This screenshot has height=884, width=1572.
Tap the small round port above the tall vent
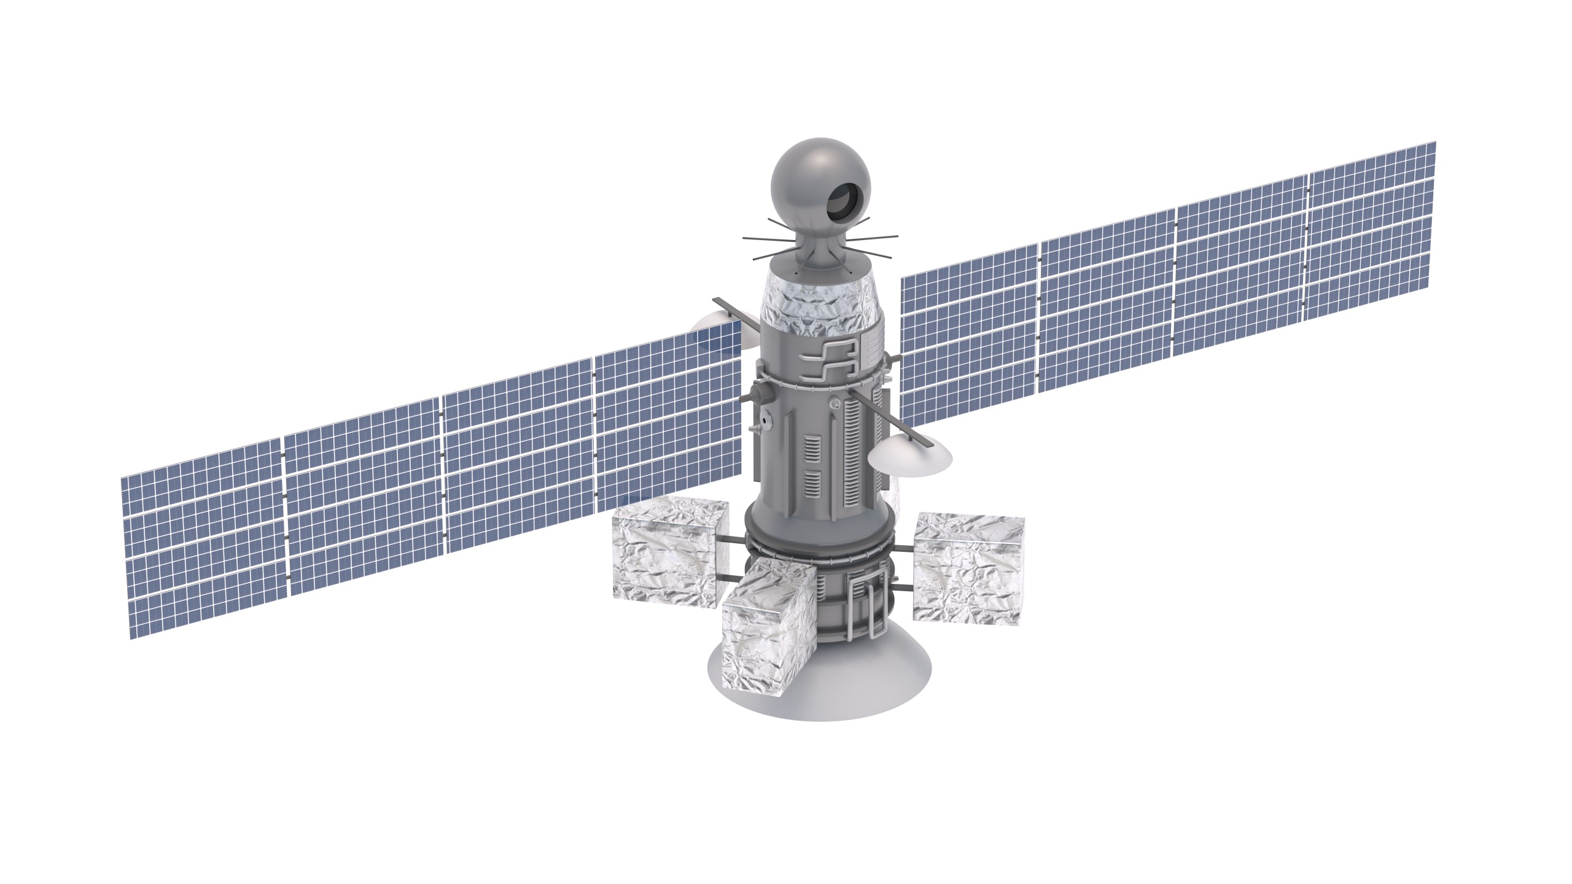(835, 403)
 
